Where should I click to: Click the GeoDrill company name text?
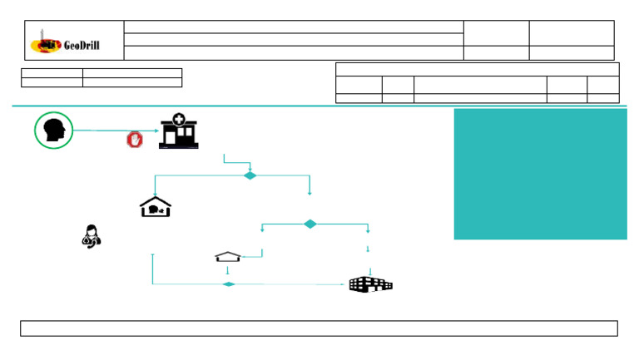[82, 45]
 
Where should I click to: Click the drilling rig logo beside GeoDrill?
[45, 42]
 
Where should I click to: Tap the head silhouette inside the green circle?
[54, 131]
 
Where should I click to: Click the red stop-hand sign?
[134, 140]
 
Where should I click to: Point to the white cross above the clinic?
[179, 121]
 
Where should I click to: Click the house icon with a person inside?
[155, 207]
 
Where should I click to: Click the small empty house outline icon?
[228, 257]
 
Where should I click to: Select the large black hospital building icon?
[369, 284]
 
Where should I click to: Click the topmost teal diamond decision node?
[250, 175]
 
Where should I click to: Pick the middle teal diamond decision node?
[310, 224]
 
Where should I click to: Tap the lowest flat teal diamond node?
[229, 284]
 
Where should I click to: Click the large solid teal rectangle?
[540, 174]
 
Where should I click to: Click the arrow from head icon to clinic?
[112, 131]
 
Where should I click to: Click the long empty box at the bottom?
[319, 328]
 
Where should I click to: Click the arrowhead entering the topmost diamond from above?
[250, 169]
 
